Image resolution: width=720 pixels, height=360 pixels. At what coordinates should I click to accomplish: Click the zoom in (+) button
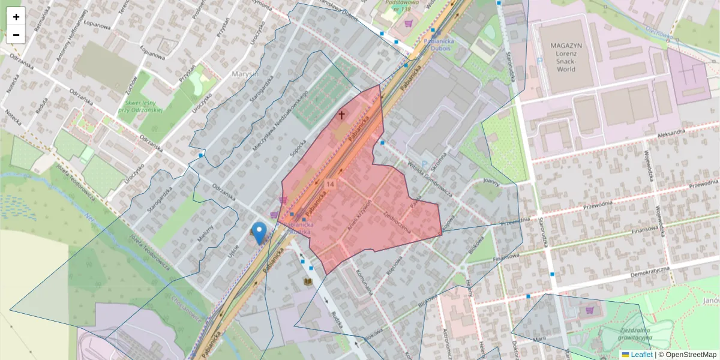pos(16,17)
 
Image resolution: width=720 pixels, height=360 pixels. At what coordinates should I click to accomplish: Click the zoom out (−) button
pos(16,35)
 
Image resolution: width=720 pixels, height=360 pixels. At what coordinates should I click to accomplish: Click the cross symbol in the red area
pos(342,115)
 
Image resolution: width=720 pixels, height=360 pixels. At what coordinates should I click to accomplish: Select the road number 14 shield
pos(330,183)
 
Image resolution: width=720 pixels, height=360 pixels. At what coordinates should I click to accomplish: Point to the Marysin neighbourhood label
pos(244,74)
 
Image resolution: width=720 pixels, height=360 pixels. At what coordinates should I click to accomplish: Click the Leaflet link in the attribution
pos(641,355)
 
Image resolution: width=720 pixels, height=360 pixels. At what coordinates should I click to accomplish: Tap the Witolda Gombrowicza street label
pos(421,178)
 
